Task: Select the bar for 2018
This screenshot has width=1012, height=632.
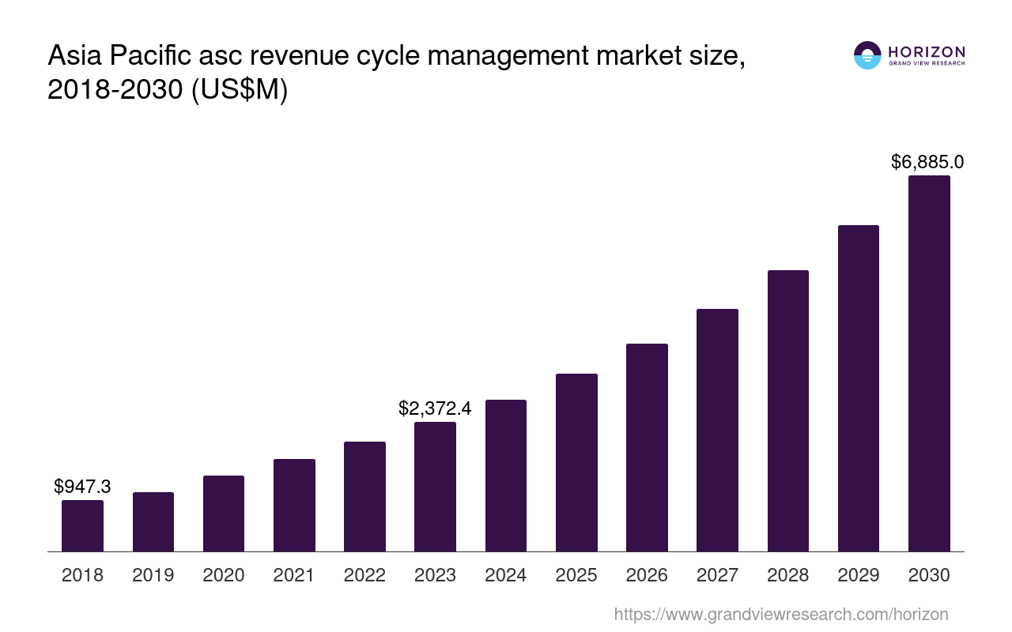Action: click(82, 525)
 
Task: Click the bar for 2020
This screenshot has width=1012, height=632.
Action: click(224, 513)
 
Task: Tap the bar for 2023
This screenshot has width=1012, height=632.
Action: click(435, 487)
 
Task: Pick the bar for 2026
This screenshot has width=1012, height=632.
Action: click(647, 447)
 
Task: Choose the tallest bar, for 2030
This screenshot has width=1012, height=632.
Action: click(929, 363)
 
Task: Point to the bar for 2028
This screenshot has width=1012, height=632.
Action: click(787, 411)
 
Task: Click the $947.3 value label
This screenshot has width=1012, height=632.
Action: click(82, 487)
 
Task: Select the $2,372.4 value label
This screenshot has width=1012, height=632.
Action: click(435, 408)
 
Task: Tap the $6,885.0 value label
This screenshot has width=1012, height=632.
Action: click(927, 162)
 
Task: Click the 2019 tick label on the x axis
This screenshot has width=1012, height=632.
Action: click(153, 575)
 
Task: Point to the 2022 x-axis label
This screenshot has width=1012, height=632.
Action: click(364, 575)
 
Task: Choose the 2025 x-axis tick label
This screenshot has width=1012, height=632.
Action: click(576, 575)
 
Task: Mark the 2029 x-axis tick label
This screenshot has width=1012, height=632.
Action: click(859, 575)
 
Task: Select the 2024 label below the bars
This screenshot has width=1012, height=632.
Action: click(506, 575)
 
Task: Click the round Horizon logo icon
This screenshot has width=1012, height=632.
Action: click(867, 55)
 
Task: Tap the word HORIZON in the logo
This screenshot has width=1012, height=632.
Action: click(927, 51)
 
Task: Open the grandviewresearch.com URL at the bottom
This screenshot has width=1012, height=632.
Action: click(780, 614)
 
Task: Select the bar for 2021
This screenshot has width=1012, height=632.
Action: click(294, 506)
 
